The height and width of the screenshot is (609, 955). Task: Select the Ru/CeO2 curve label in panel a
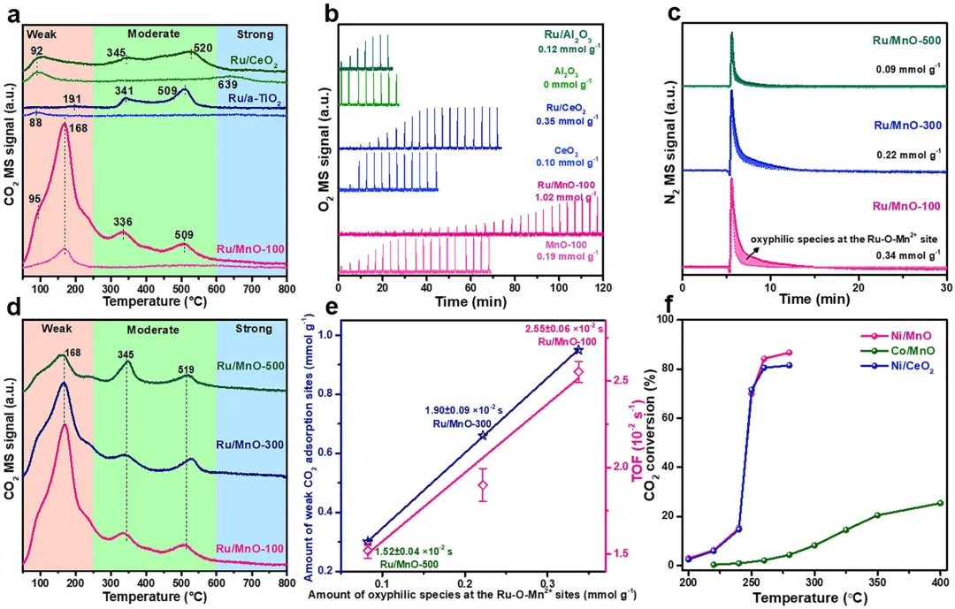click(254, 63)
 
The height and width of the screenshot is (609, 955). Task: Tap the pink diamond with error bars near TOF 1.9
click(483, 484)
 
